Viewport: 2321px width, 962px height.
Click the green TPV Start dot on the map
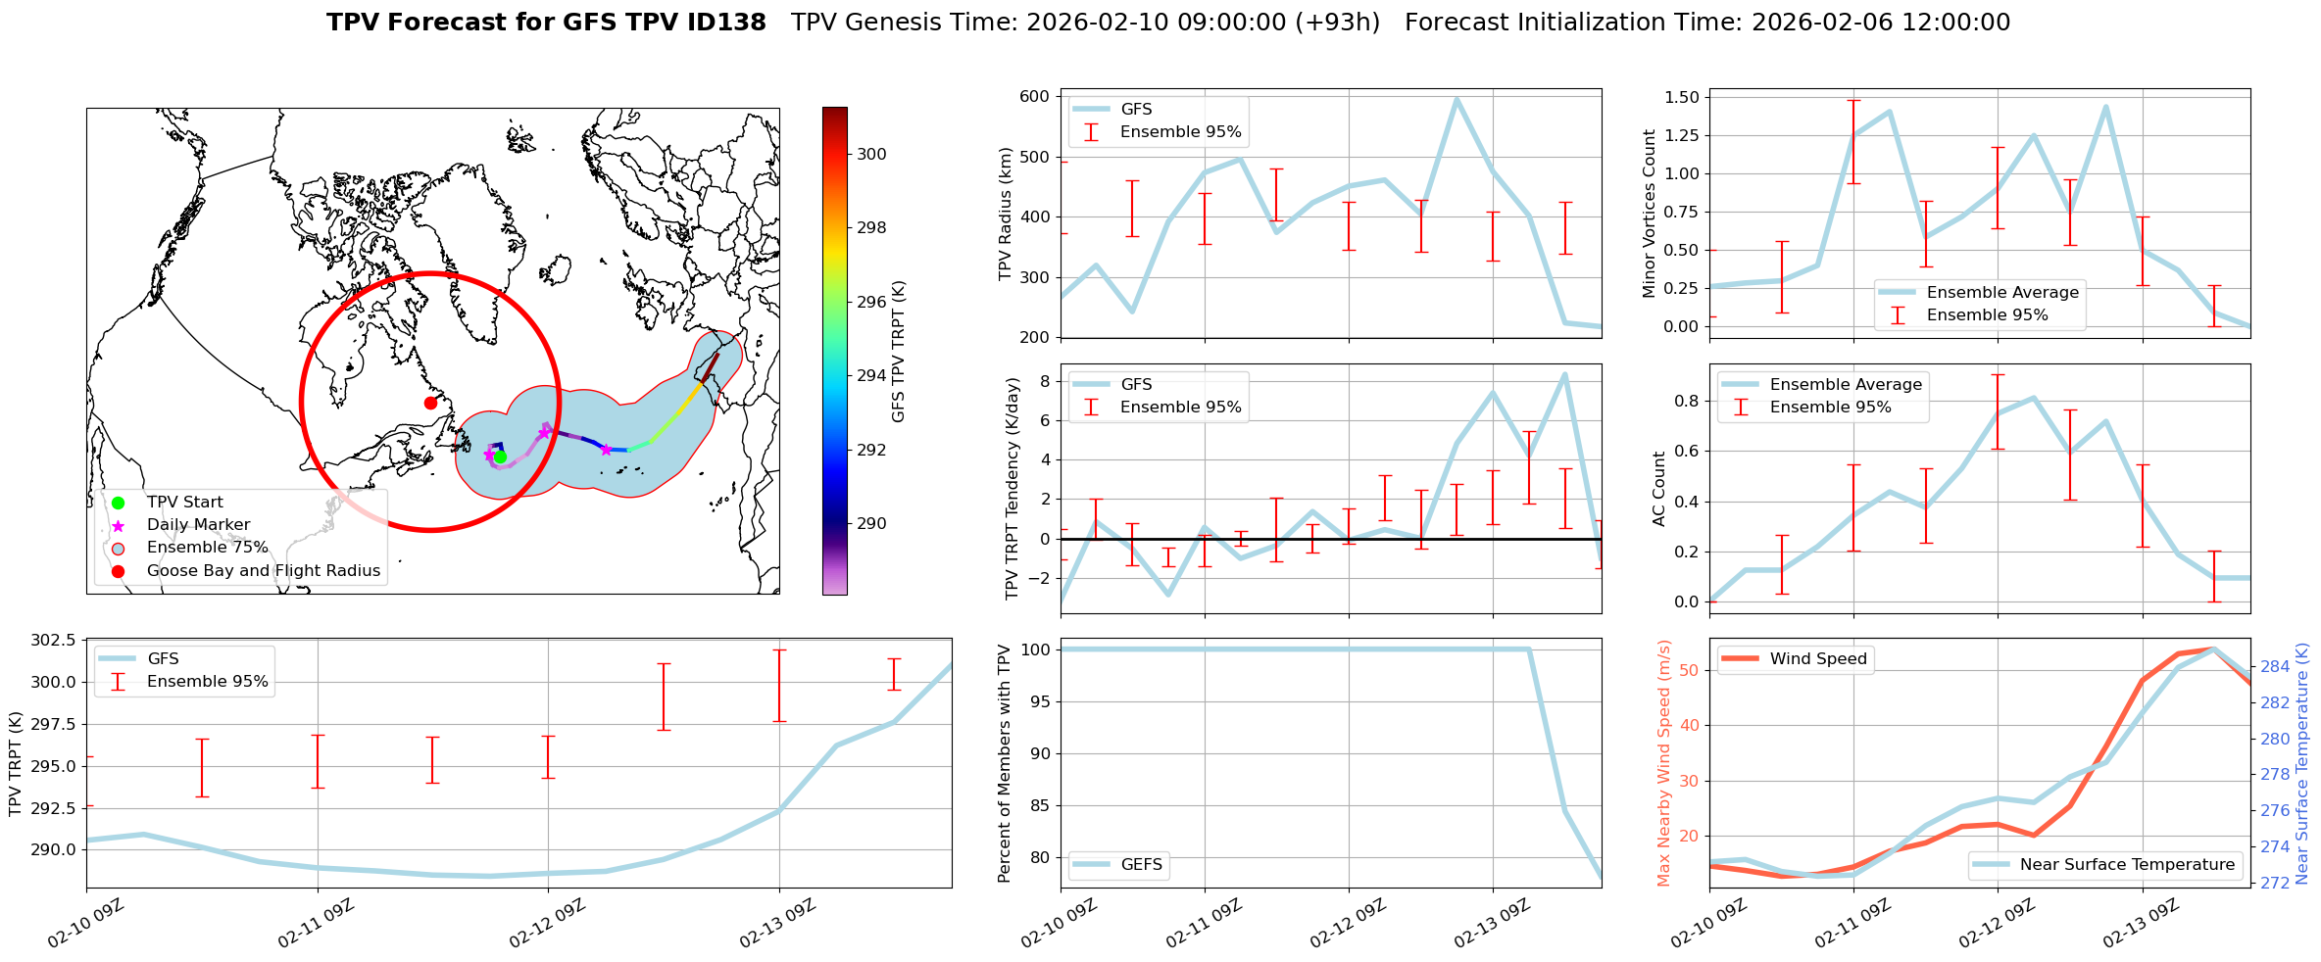(500, 457)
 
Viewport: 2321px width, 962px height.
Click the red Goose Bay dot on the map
(430, 403)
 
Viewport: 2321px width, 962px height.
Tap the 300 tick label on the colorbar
(871, 154)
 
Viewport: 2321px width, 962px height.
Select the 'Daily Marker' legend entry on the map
(198, 525)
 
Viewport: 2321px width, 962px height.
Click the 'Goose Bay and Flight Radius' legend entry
(263, 571)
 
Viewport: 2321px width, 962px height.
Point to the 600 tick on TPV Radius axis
(1035, 96)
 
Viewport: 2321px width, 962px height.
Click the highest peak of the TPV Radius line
(1457, 98)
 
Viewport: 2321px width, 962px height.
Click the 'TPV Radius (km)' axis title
(1005, 214)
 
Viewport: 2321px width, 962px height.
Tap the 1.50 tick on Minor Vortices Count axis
(1682, 97)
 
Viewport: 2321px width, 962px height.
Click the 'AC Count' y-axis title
(1659, 488)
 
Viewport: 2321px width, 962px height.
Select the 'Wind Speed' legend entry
(1817, 659)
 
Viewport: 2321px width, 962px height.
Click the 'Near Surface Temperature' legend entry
(2127, 865)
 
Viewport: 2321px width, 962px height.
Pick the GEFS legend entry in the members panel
(1141, 865)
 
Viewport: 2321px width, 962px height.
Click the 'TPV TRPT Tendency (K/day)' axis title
(1012, 488)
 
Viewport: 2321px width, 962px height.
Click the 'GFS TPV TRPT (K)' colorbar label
(899, 351)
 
